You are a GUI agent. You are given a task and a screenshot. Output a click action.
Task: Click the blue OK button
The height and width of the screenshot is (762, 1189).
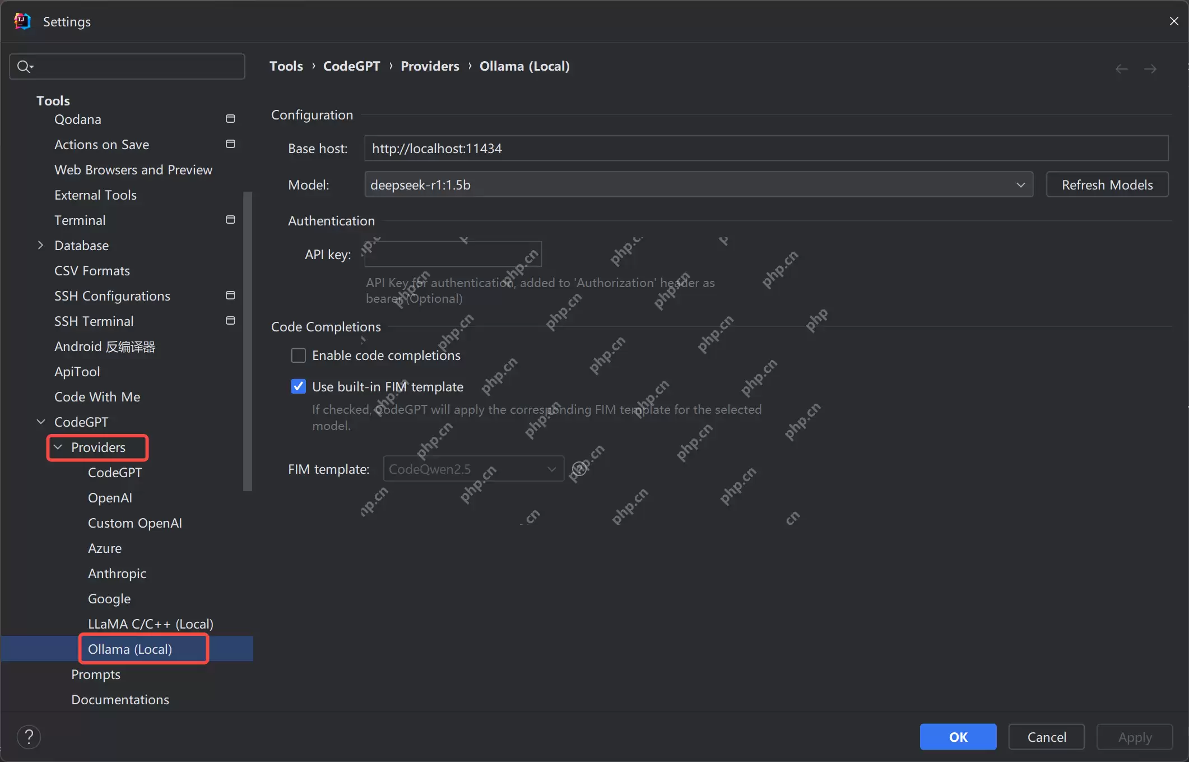[x=958, y=737]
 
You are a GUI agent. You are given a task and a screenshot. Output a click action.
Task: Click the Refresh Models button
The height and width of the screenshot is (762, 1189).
[x=1107, y=184]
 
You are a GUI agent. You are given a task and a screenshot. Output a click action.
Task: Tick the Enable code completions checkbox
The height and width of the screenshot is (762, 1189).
[x=299, y=355]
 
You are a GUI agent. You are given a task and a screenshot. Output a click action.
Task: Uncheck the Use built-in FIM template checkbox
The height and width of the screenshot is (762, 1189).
[x=299, y=386]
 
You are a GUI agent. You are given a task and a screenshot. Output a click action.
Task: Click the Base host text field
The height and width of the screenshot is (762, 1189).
[x=767, y=148]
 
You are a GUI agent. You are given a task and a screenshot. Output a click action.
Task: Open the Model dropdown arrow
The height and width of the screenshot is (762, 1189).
[x=1021, y=185]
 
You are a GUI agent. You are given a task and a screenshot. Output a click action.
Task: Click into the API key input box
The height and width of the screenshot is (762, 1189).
[x=453, y=254]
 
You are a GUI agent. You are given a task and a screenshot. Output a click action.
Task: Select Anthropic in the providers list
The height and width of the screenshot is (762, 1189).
[x=117, y=573]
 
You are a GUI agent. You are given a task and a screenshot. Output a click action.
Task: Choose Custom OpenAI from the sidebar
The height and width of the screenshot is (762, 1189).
[x=135, y=523]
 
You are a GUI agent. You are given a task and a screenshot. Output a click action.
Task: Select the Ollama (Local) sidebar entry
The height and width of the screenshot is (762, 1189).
[x=130, y=649]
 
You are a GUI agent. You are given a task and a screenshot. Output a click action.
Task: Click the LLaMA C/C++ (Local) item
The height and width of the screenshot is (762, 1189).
[x=151, y=624]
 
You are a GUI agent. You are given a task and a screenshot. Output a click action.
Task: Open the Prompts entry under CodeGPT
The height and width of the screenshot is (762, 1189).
[x=96, y=674]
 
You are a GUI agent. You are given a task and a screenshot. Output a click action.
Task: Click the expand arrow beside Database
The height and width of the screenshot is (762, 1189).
[x=40, y=245]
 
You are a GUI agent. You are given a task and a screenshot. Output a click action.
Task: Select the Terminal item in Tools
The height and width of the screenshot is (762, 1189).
[x=80, y=220]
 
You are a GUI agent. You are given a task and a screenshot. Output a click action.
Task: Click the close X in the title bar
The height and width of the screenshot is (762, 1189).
[x=1173, y=21]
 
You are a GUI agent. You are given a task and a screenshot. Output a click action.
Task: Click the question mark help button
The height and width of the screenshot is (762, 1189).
[x=29, y=737]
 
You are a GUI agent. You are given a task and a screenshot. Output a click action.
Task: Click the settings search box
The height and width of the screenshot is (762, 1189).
[x=127, y=66]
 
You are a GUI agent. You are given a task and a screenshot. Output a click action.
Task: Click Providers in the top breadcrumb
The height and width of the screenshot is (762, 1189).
[x=430, y=66]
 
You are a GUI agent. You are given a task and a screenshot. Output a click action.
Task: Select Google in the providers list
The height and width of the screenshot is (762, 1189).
[x=109, y=598]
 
